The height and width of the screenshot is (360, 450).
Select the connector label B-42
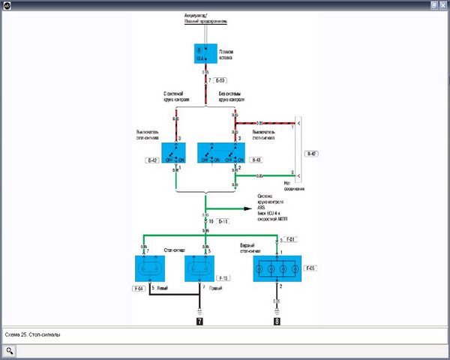[153, 160]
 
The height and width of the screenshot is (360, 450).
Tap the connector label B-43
[255, 160]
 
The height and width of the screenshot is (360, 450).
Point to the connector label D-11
[224, 223]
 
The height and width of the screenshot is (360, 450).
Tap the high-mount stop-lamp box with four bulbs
[281, 268]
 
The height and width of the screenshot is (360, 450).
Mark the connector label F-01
[292, 240]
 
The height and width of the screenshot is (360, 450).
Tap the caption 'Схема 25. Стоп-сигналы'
[32, 335]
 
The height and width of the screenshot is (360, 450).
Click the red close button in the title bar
[442, 4]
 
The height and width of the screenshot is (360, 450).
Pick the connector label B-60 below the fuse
[220, 79]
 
